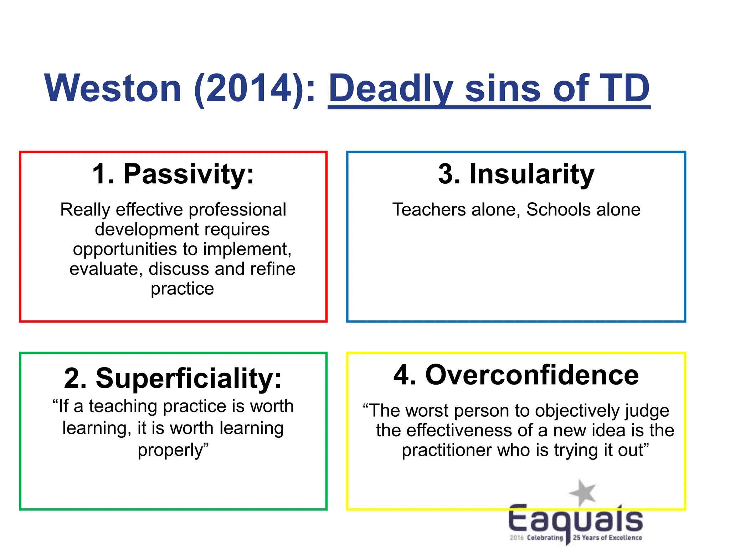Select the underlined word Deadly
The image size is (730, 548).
tap(391, 88)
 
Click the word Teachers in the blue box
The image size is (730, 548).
tap(429, 209)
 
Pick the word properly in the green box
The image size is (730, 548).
tap(170, 450)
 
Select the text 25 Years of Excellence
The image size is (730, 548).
tap(607, 538)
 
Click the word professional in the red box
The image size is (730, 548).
tap(237, 209)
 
